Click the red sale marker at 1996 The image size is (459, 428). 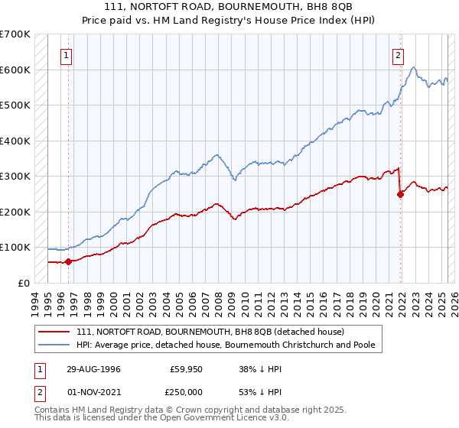tap(68, 261)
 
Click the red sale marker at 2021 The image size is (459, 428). tap(400, 194)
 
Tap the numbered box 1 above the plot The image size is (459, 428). tap(67, 55)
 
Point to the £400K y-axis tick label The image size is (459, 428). tap(15, 141)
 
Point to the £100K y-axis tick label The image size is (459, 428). tap(15, 248)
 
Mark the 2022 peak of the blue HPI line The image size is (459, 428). tap(414, 68)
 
